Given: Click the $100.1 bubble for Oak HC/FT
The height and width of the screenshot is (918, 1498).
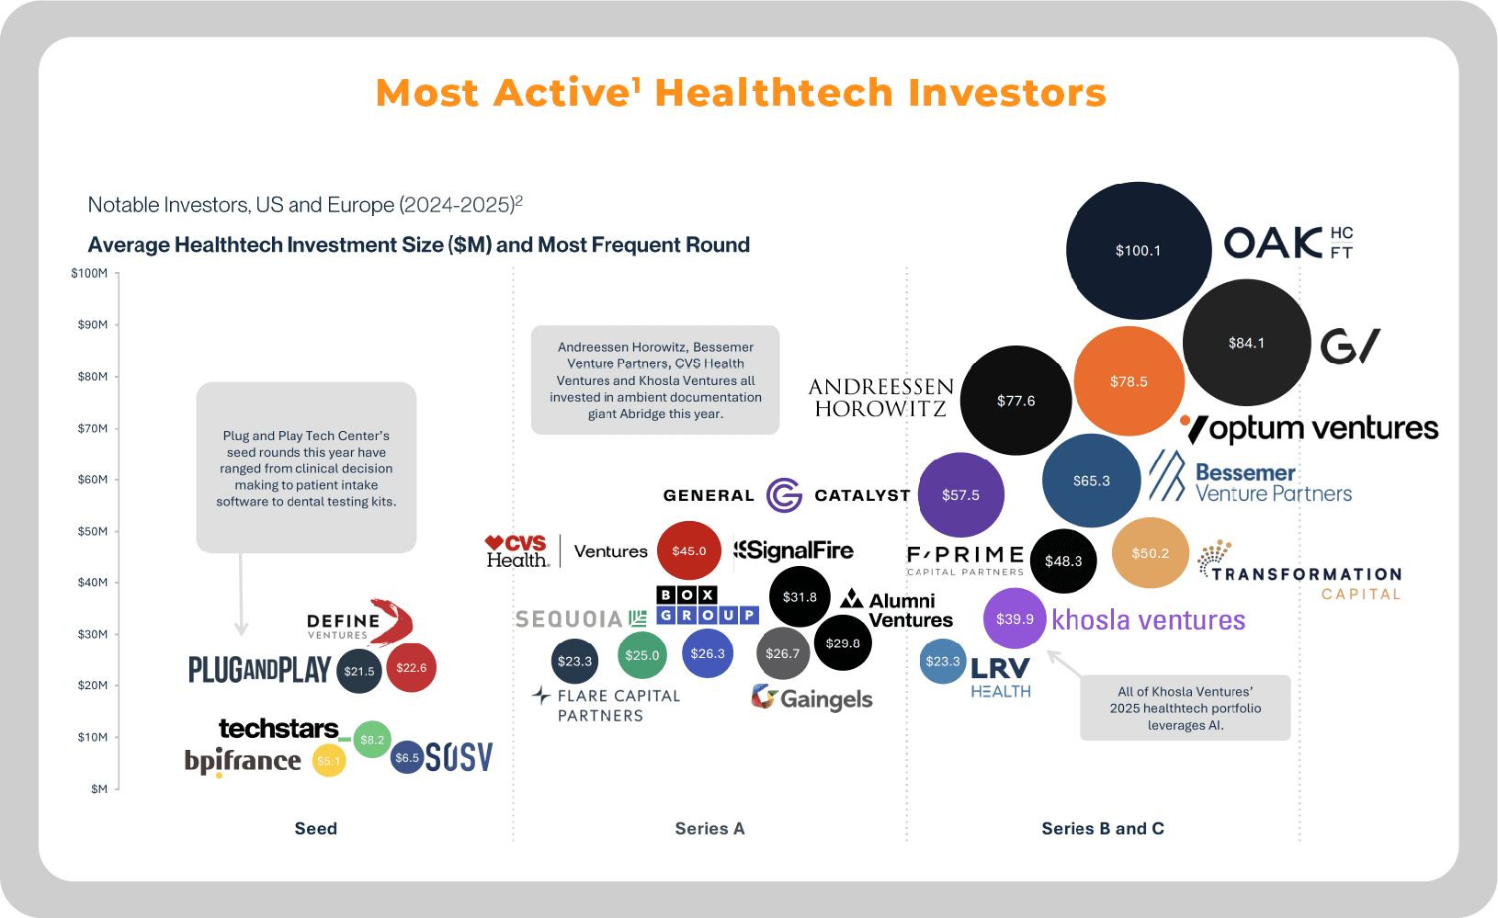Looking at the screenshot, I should (x=1138, y=251).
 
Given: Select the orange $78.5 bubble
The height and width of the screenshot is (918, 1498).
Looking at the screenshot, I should (x=1129, y=381).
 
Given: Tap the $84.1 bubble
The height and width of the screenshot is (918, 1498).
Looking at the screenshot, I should (x=1246, y=343).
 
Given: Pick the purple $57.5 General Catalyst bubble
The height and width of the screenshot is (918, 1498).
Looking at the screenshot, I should (x=960, y=495).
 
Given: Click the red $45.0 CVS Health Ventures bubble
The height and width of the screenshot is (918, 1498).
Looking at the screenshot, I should (x=688, y=551).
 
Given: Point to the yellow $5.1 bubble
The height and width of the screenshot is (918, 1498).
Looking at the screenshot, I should (x=328, y=761).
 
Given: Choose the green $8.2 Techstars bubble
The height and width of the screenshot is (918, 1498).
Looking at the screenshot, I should (x=372, y=740).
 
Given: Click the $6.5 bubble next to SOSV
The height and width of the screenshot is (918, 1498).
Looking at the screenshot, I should (x=406, y=758).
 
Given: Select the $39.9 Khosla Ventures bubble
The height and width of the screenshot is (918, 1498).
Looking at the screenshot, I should (x=1015, y=619).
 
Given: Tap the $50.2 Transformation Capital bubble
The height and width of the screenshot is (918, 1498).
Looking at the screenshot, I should (x=1150, y=553).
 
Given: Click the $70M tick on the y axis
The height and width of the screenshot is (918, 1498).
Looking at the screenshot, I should (x=92, y=428).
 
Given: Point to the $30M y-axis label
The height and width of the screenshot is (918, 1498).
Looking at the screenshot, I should (x=92, y=634).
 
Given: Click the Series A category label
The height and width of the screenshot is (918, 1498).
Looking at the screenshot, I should (x=709, y=829).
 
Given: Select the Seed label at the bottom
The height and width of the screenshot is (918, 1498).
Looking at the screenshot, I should (x=315, y=829).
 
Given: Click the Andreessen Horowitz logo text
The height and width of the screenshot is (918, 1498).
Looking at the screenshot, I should (x=880, y=398).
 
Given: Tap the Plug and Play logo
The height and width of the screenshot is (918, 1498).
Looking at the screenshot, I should (x=259, y=670).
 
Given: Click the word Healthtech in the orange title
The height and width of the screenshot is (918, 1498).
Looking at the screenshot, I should (x=774, y=93).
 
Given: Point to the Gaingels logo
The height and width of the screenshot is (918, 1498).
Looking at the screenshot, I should (x=811, y=698).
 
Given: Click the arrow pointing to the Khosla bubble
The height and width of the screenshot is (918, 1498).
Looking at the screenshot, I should (x=1064, y=663).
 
